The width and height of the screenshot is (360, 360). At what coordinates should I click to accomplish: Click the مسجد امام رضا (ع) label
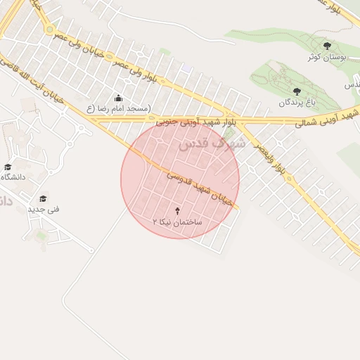[118, 109]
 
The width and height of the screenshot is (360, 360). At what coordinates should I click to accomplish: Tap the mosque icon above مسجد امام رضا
[118, 98]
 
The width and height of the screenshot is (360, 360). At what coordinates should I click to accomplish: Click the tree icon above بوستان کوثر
[326, 46]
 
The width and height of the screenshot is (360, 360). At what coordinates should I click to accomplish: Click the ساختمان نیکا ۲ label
[177, 221]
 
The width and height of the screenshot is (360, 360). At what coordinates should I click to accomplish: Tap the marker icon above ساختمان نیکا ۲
[177, 211]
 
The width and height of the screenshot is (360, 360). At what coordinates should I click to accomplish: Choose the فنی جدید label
[44, 210]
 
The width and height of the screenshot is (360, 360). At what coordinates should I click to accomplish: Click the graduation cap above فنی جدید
[44, 199]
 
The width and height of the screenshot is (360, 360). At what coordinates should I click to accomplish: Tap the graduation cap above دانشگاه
[8, 167]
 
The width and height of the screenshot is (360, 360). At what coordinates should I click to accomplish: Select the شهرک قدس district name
[212, 145]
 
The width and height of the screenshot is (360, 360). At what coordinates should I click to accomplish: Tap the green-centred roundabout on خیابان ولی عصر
[50, 30]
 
